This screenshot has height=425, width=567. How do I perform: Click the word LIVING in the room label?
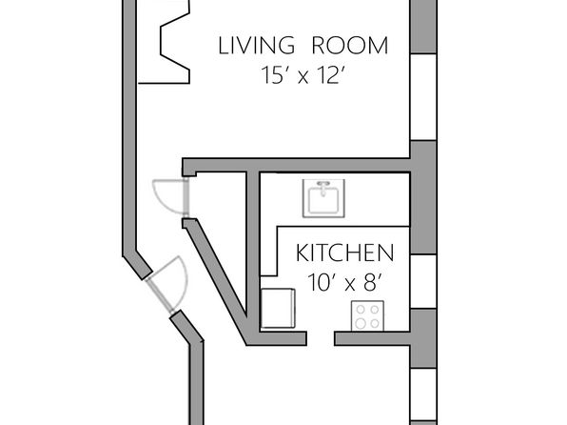click(x=256, y=46)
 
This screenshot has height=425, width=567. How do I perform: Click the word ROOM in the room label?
click(x=350, y=46)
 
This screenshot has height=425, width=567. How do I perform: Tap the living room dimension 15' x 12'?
click(x=303, y=75)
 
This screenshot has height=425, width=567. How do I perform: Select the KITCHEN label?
click(x=345, y=253)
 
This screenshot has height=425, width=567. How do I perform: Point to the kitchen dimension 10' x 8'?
click(x=345, y=283)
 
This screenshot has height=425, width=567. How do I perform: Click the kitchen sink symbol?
click(x=323, y=198)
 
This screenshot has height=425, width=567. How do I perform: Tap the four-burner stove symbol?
click(x=367, y=316)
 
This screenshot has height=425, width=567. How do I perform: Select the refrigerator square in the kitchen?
click(x=278, y=308)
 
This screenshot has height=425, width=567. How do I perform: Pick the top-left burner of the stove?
click(x=361, y=310)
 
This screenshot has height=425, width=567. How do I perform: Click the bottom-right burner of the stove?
click(x=375, y=323)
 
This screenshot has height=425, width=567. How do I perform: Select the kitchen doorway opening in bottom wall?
click(x=321, y=338)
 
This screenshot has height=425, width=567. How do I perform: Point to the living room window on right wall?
click(x=423, y=97)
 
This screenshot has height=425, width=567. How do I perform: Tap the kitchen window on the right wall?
click(x=423, y=281)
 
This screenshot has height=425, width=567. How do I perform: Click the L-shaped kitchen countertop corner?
click(x=278, y=227)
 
